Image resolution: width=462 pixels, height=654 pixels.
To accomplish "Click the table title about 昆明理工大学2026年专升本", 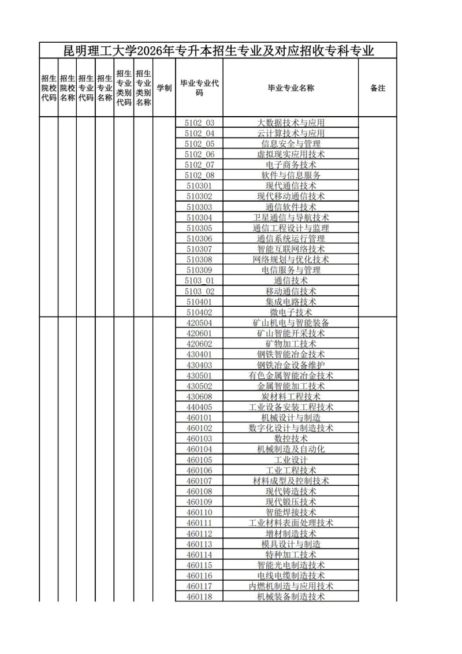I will [218, 51].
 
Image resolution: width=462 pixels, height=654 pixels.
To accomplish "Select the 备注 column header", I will [377, 88].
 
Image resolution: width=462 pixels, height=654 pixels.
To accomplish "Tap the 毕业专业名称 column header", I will [290, 88].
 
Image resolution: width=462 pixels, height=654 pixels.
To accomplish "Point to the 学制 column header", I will [164, 88].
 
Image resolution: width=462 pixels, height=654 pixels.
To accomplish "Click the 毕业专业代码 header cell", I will [199, 88].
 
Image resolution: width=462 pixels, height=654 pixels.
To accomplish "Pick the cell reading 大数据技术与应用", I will [290, 122].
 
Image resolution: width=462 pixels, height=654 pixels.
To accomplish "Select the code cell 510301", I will [199, 186].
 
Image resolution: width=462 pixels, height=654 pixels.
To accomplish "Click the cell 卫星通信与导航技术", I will [290, 217].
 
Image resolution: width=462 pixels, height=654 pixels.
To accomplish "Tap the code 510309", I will [199, 270].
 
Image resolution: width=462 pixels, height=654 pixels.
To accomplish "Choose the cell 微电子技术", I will [290, 312].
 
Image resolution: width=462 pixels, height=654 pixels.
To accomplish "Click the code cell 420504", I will [199, 322].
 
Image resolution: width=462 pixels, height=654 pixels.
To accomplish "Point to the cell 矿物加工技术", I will [290, 344].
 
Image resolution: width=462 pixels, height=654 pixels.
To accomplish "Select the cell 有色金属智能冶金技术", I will [290, 376].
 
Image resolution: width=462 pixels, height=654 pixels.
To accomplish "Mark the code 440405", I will [199, 407].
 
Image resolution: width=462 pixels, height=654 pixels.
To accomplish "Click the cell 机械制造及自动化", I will [290, 449].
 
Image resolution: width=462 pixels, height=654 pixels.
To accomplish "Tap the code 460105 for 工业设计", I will [199, 459].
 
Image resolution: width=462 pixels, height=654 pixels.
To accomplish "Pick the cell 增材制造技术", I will [290, 533].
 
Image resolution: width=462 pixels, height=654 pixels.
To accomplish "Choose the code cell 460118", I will [199, 596].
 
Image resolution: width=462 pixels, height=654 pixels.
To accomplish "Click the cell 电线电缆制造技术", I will [290, 575].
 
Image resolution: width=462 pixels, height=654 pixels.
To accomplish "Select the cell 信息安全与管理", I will [290, 144].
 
